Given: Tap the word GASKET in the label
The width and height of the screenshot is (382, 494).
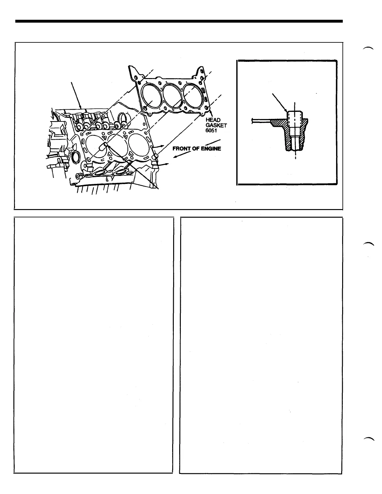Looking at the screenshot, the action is click(216, 125).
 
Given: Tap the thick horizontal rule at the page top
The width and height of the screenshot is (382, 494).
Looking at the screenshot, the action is click(179, 21).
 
